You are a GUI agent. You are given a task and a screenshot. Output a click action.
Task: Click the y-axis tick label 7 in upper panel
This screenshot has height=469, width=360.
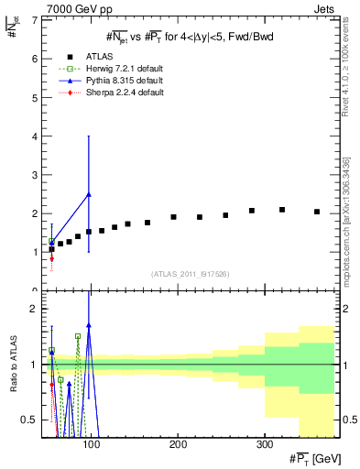[x=33, y=20]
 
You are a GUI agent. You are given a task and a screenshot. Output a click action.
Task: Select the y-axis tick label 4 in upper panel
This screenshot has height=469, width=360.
[x=33, y=136]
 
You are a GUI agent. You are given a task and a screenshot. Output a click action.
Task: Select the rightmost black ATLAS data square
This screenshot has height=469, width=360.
[x=317, y=212]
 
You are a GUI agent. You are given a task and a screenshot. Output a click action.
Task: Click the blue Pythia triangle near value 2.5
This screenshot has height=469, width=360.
[x=88, y=194]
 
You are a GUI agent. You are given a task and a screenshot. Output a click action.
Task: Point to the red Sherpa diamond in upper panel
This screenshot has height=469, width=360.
[x=51, y=258]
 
